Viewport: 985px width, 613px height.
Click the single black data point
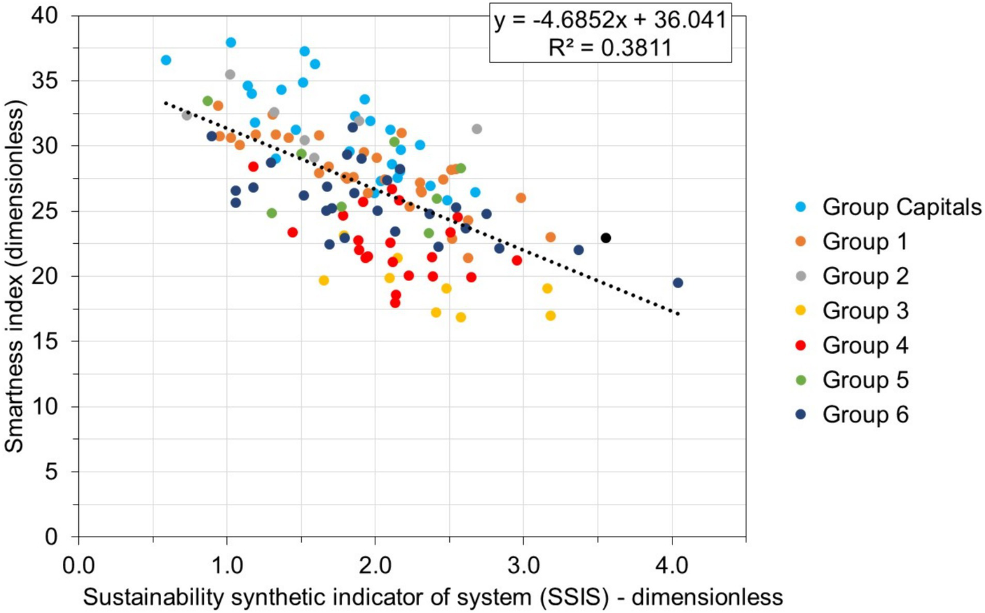click(x=605, y=238)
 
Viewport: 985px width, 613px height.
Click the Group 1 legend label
click(x=865, y=242)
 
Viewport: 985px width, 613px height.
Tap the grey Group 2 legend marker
click(x=800, y=276)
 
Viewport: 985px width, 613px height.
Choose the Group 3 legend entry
click(x=865, y=311)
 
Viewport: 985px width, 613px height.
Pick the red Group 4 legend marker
click(x=800, y=345)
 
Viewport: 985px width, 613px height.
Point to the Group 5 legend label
click(x=865, y=380)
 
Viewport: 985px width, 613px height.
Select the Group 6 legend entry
click(x=865, y=415)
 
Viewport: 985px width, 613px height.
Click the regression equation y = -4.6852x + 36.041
click(x=610, y=20)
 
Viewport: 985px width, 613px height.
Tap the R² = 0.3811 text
click(x=610, y=47)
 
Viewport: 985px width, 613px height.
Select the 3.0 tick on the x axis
click(x=523, y=566)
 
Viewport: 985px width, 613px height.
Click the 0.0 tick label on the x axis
click(x=78, y=566)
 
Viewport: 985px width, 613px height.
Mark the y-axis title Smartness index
click(x=14, y=276)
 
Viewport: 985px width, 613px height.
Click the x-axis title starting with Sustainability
click(x=433, y=597)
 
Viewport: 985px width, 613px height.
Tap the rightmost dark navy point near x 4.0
click(x=678, y=283)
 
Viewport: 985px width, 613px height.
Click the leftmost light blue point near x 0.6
click(x=166, y=60)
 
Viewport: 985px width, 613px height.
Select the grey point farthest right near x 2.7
click(x=477, y=129)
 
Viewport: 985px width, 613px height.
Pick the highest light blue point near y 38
click(x=231, y=42)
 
